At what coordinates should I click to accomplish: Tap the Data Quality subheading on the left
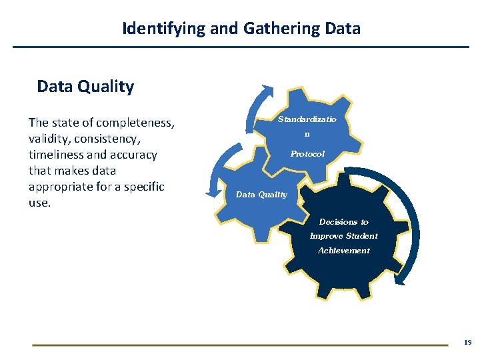point(85,87)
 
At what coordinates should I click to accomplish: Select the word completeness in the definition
point(135,123)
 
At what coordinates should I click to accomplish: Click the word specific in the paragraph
point(142,187)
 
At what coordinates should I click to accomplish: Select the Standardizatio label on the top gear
point(307,119)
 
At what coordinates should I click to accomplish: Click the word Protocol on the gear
point(307,154)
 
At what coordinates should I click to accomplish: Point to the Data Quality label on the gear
point(261,195)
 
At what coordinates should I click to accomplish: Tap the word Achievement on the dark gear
point(343,251)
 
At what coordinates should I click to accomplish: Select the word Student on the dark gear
point(361,236)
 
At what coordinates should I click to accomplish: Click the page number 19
point(467,342)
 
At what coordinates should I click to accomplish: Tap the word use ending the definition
point(39,203)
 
